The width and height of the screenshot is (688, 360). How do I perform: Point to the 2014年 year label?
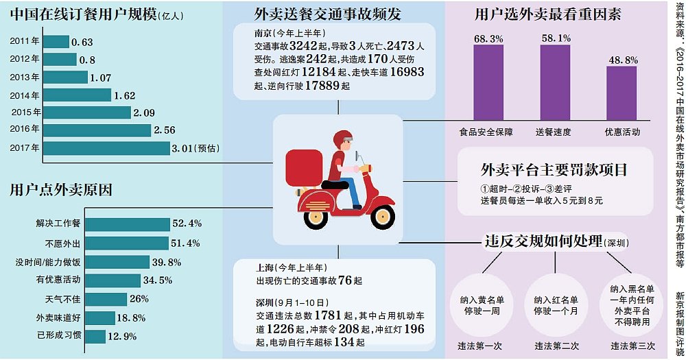pyautogui.click(x=27, y=95)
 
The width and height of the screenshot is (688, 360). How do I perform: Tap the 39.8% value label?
pyautogui.click(x=168, y=262)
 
